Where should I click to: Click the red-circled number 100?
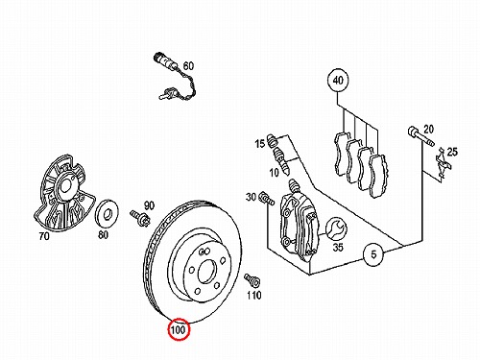click(x=179, y=329)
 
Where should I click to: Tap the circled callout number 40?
click(x=338, y=80)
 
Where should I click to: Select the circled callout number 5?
click(x=373, y=254)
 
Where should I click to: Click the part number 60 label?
click(x=188, y=66)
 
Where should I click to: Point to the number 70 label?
click(x=44, y=236)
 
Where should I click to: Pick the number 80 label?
click(x=103, y=235)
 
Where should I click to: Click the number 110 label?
click(x=253, y=295)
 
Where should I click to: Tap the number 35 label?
click(x=338, y=248)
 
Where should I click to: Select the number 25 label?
click(x=452, y=152)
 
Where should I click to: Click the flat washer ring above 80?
click(x=107, y=213)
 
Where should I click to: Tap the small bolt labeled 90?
click(x=140, y=219)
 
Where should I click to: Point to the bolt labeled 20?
click(x=420, y=136)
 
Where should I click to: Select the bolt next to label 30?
click(x=267, y=198)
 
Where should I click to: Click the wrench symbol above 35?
click(x=336, y=228)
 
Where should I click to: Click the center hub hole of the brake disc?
click(x=208, y=272)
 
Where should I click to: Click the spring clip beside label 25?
click(x=443, y=165)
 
